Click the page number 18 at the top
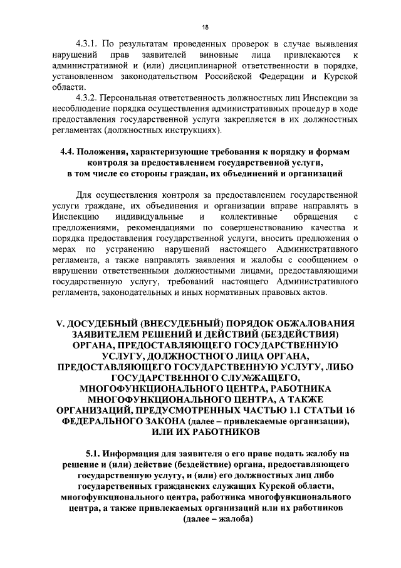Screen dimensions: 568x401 (205, 26)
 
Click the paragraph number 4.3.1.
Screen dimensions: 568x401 (88, 45)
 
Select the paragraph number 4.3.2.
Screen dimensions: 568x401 (88, 99)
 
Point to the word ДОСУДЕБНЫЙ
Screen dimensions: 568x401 (107, 323)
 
